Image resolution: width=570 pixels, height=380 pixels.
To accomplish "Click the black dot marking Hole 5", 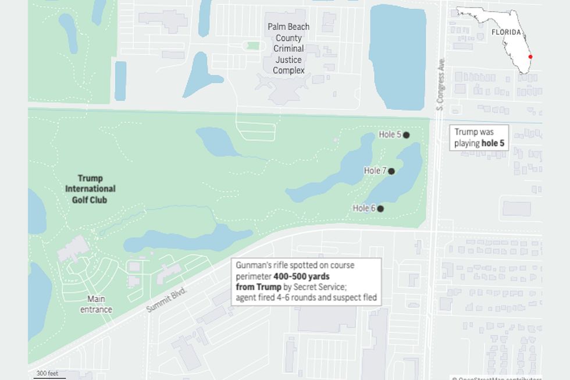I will [x=407, y=135].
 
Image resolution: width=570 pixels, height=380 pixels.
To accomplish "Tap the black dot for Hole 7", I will [x=392, y=171].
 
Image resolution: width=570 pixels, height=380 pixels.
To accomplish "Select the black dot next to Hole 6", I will [x=381, y=208].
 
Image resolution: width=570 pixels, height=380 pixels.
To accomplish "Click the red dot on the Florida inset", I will [x=530, y=57].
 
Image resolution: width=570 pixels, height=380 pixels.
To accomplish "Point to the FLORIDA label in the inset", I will [x=506, y=33].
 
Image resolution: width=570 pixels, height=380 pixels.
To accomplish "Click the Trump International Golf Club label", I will [x=90, y=189].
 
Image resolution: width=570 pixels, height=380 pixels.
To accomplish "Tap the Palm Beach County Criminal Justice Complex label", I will [x=288, y=48].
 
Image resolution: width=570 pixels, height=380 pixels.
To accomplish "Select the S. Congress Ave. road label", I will [x=440, y=84].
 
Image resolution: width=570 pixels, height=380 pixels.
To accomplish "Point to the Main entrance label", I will [x=96, y=304].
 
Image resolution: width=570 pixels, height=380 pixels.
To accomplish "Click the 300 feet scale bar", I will [x=49, y=375].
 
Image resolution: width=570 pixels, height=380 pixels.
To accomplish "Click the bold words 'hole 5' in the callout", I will [x=494, y=143].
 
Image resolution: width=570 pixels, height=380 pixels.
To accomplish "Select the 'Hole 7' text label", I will [x=375, y=171].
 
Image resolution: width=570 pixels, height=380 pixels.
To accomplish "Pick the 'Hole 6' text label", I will [x=365, y=208].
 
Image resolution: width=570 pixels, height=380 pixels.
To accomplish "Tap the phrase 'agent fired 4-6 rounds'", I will [x=271, y=298].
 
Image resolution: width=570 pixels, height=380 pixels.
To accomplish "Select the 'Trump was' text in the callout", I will [x=473, y=133].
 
